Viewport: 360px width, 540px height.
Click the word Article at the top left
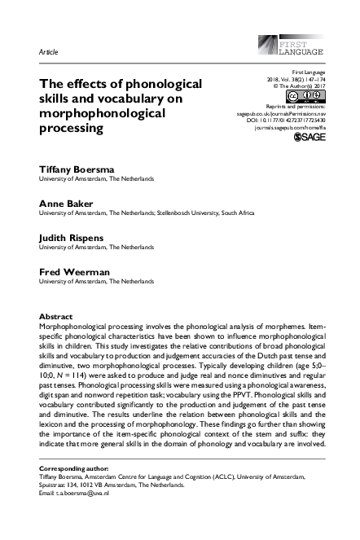[x=49, y=51]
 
